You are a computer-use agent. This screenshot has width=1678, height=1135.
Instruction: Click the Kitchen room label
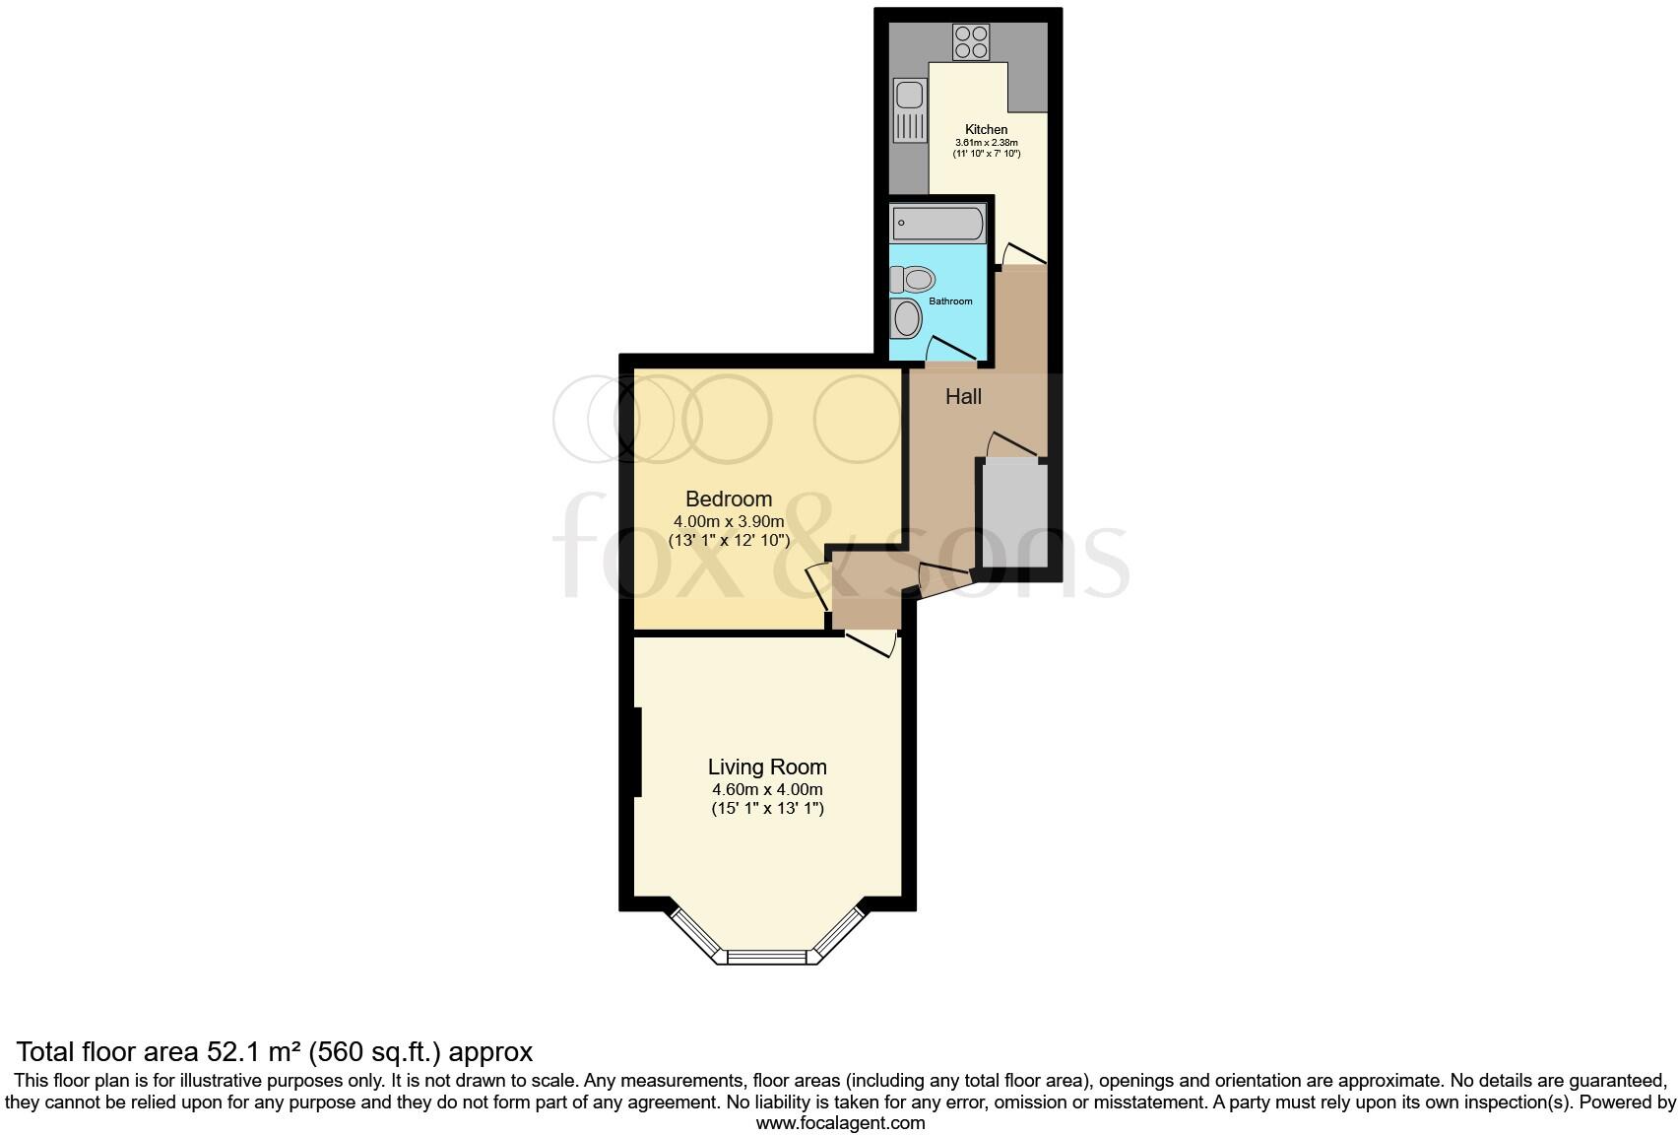click(986, 129)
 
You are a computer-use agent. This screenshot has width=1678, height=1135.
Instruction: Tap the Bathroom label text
click(950, 301)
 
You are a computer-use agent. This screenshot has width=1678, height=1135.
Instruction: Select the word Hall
click(963, 397)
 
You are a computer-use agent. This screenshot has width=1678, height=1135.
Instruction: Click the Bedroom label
click(729, 499)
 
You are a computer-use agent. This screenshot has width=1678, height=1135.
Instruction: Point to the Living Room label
click(767, 767)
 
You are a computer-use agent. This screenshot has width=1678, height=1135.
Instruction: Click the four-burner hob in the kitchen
click(971, 42)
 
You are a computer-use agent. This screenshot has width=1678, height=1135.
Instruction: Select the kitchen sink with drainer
click(910, 111)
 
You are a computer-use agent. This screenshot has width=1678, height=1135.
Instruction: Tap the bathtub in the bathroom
click(937, 224)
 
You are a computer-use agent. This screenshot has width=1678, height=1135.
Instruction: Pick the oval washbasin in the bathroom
click(906, 318)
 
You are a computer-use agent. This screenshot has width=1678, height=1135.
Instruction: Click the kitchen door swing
click(1021, 254)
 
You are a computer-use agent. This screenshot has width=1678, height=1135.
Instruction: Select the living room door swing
click(872, 642)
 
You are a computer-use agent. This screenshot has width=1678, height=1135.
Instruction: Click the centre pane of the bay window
click(767, 956)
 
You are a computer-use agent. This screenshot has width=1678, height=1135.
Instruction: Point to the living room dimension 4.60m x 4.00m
click(767, 789)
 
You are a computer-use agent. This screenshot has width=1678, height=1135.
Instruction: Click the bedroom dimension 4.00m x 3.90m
click(729, 521)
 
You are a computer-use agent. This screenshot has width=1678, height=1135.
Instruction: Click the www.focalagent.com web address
click(840, 1122)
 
